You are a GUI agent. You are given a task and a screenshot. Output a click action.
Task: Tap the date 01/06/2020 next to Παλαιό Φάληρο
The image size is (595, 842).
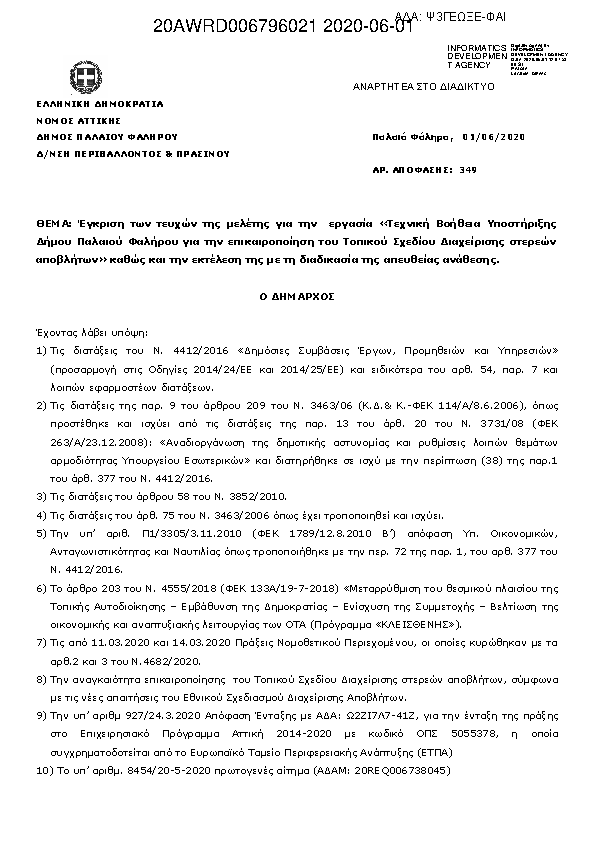click(x=496, y=135)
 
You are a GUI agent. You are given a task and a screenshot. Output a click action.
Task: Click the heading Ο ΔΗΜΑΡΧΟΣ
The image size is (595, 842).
click(x=297, y=297)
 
